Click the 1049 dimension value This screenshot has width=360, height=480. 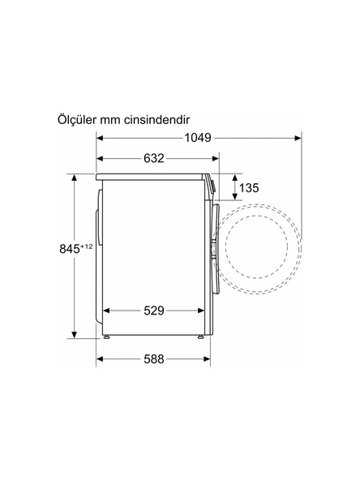(x=196, y=138)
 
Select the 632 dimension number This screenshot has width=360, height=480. (x=149, y=158)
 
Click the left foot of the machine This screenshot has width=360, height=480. (x=106, y=336)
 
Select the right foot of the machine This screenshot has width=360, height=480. (x=199, y=336)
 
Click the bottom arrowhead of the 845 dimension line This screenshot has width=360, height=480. (x=75, y=335)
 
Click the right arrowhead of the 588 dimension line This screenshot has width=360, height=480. (x=203, y=359)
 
